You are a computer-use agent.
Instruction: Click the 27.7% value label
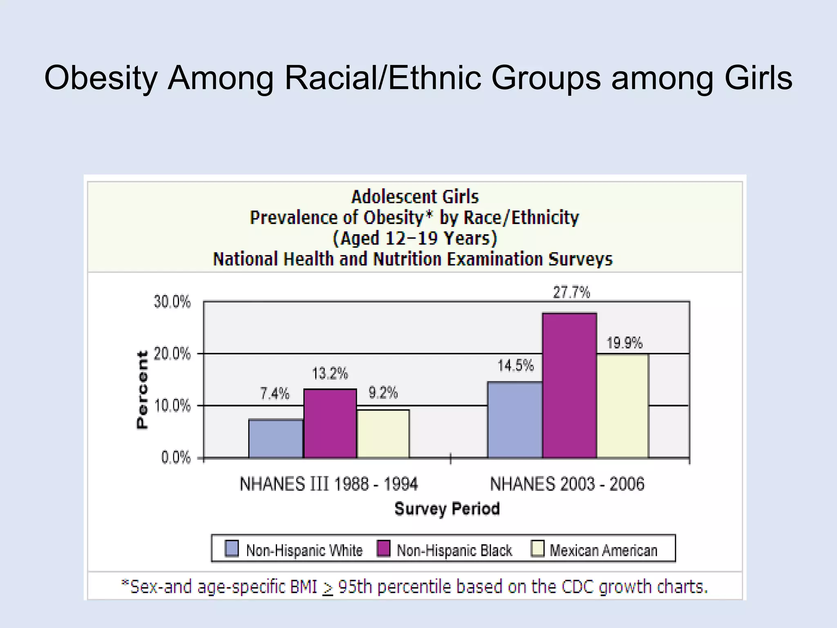pyautogui.click(x=571, y=293)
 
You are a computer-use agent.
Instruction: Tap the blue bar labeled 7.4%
pyautogui.click(x=276, y=438)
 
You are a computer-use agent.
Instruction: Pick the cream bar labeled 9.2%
pyautogui.click(x=383, y=434)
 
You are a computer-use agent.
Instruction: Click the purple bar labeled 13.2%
pyautogui.click(x=330, y=424)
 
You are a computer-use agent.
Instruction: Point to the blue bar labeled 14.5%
pyautogui.click(x=515, y=420)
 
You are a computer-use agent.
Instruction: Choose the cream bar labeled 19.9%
pyautogui.click(x=622, y=406)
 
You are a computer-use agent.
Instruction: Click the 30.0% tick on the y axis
pyautogui.click(x=172, y=302)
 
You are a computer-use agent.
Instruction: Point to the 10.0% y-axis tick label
pyautogui.click(x=172, y=406)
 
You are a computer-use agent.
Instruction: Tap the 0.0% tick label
pyautogui.click(x=176, y=458)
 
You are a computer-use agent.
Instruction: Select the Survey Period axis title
pyautogui.click(x=447, y=509)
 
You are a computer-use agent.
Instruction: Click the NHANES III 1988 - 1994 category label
pyautogui.click(x=329, y=484)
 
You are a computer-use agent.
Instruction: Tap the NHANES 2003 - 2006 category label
pyautogui.click(x=567, y=484)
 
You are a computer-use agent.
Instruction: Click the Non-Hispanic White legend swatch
pyautogui.click(x=232, y=549)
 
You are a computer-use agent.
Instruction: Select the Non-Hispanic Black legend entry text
pyautogui.click(x=454, y=550)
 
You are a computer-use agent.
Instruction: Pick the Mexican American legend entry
pyautogui.click(x=603, y=550)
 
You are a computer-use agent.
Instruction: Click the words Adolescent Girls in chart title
pyautogui.click(x=415, y=197)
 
